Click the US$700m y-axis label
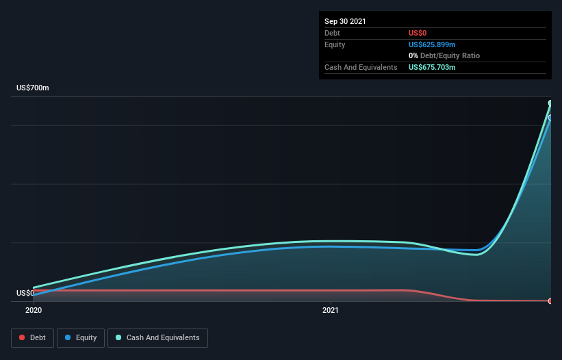(x=33, y=88)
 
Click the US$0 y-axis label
(x=25, y=293)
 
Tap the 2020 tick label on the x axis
(x=33, y=310)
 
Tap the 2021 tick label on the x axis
(x=331, y=310)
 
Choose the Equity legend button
(x=81, y=337)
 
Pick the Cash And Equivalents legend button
(x=157, y=337)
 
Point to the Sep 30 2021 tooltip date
(x=345, y=21)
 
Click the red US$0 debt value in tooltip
(x=418, y=33)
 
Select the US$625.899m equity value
(x=432, y=44)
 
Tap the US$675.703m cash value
(x=432, y=67)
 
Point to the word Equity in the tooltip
(x=335, y=44)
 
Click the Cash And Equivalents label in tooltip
(x=361, y=67)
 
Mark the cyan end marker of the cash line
(x=550, y=103)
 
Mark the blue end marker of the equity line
(x=550, y=118)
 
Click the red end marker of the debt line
(x=550, y=301)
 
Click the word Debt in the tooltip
(x=332, y=33)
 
